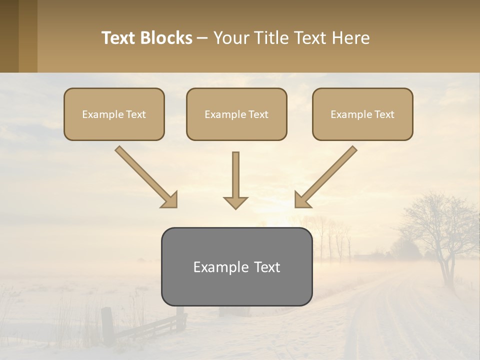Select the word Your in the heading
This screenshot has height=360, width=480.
(231, 38)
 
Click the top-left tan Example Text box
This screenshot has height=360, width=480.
(114, 114)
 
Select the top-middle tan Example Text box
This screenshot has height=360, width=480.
(236, 114)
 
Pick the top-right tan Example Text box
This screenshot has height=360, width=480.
(362, 114)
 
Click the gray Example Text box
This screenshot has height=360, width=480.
(236, 266)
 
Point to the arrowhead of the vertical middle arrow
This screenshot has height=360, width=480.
(235, 202)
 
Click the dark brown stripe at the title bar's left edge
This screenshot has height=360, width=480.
(9, 36)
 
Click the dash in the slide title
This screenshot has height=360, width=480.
(202, 38)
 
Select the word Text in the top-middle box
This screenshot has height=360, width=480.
(258, 114)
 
